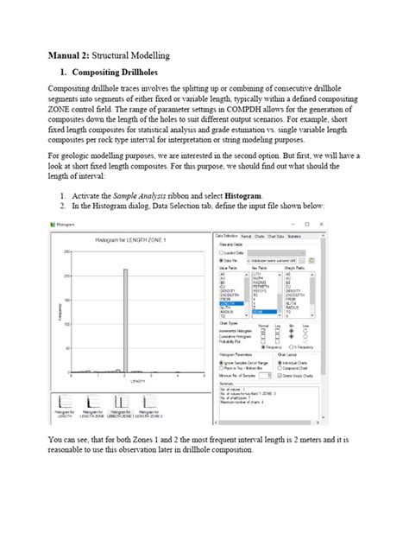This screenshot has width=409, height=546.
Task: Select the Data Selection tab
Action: (226, 235)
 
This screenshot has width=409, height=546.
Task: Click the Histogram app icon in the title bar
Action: (53, 225)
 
